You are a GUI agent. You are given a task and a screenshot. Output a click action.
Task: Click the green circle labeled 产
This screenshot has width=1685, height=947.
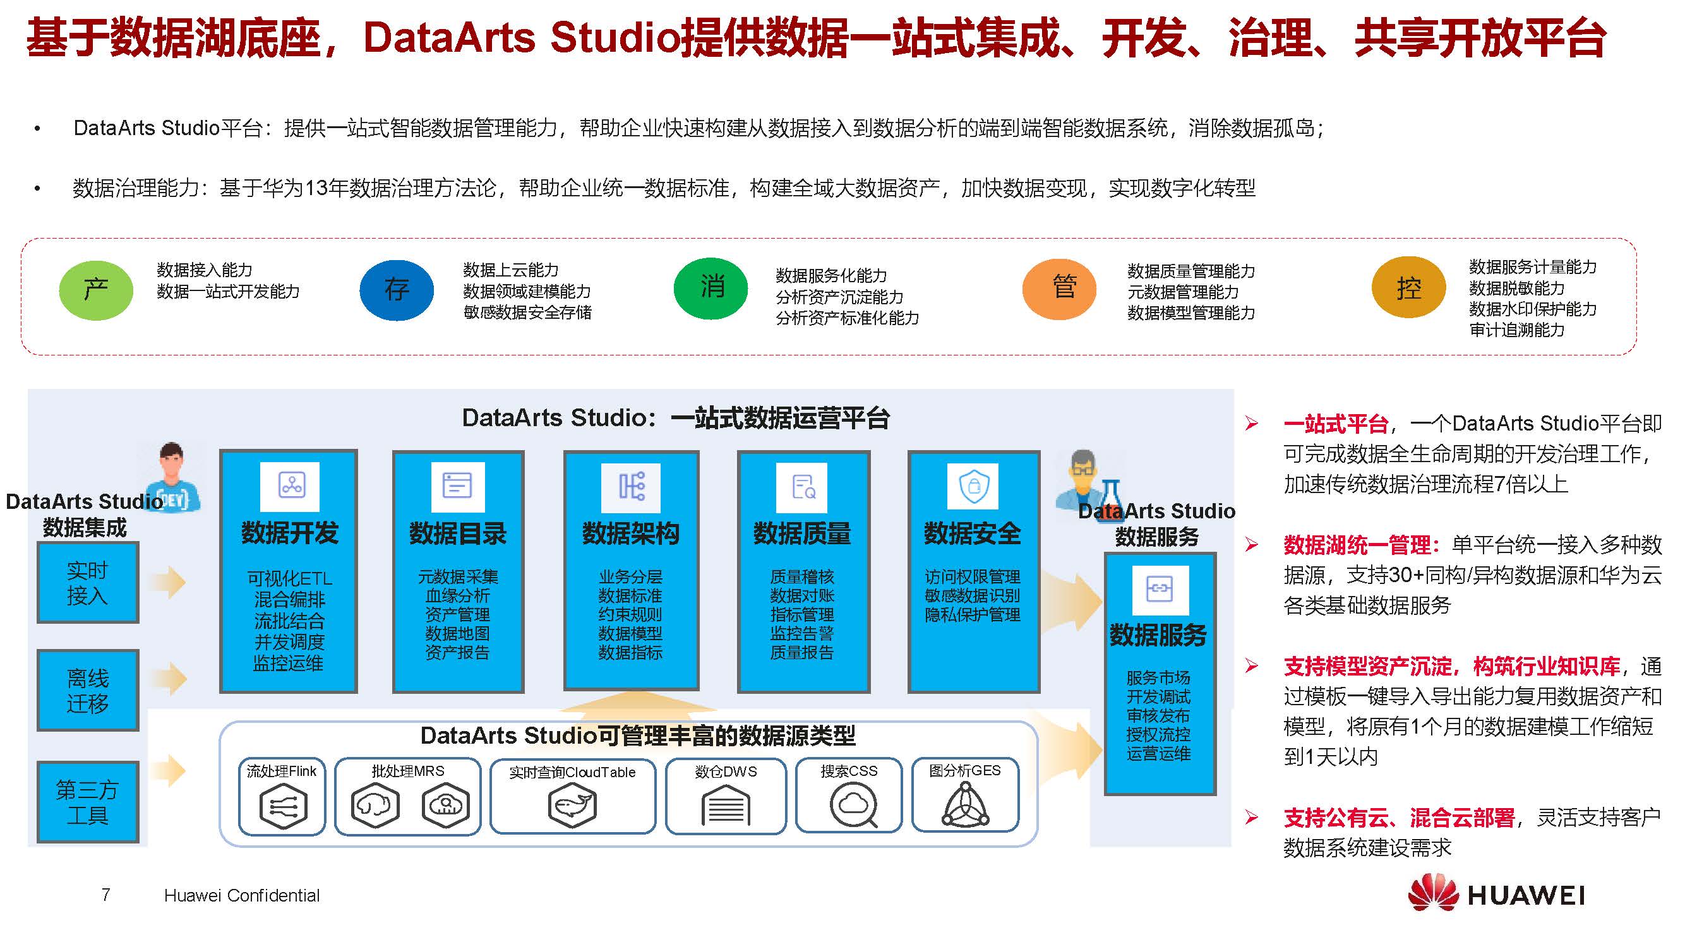[96, 290]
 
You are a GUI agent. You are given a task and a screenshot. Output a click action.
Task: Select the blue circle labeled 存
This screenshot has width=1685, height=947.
[397, 290]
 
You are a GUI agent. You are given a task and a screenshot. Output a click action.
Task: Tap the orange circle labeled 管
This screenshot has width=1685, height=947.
[1059, 289]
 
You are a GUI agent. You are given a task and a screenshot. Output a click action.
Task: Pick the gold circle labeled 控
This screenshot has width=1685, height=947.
[1408, 287]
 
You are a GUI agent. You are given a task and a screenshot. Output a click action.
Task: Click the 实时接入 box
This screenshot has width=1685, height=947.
[88, 583]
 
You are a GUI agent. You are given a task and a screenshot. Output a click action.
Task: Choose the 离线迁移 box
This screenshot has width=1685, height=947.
[88, 690]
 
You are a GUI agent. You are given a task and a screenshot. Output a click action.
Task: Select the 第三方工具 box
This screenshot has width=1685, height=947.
[88, 802]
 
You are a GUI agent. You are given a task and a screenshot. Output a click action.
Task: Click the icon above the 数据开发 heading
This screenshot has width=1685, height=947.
[290, 486]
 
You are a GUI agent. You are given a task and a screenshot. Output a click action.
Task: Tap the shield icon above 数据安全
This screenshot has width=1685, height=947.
[973, 486]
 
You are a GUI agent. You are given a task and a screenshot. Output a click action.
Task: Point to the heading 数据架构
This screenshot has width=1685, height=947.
[630, 533]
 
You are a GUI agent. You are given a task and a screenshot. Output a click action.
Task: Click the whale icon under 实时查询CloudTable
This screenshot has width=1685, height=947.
[572, 806]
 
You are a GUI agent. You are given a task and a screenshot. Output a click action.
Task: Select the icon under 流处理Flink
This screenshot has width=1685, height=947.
[283, 806]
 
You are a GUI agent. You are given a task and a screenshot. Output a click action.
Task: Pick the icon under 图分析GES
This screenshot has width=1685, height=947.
[966, 805]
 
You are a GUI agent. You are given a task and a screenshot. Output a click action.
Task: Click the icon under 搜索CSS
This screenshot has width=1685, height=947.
[853, 806]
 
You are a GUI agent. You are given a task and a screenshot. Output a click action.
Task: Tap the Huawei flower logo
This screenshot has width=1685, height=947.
[1433, 892]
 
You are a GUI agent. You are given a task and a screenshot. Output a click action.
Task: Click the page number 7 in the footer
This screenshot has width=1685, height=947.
[106, 894]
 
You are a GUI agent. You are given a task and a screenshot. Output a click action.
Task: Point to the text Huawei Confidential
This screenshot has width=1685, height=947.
[242, 895]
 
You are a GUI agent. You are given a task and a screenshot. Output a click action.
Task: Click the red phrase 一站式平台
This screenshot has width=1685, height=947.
[1336, 424]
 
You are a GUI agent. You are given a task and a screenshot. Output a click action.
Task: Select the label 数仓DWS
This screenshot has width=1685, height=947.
[726, 771]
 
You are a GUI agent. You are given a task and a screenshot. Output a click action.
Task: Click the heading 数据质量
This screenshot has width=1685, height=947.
[802, 533]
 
